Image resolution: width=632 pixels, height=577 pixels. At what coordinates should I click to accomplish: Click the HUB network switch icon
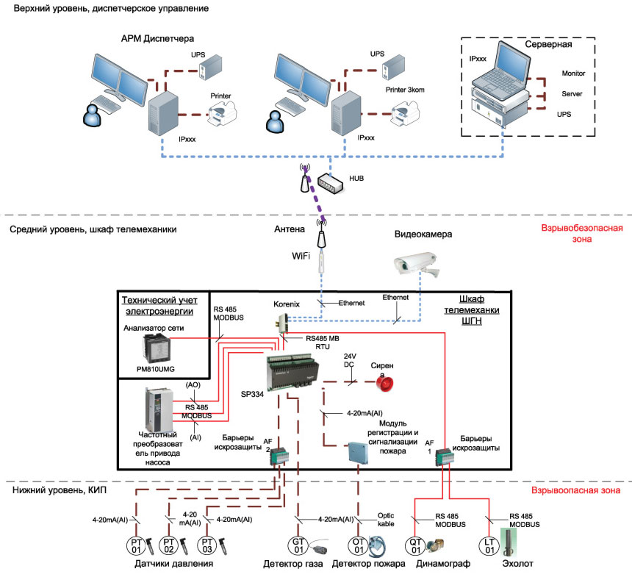pyautogui.click(x=331, y=183)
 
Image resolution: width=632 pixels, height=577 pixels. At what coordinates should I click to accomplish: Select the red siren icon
pyautogui.click(x=384, y=383)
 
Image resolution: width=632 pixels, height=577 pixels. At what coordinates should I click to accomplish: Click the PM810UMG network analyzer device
pyautogui.click(x=157, y=349)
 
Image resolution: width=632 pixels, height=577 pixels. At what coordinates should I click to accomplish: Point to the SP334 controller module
pyautogui.click(x=293, y=371)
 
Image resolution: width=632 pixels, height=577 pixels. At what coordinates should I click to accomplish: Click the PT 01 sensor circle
pyautogui.click(x=136, y=546)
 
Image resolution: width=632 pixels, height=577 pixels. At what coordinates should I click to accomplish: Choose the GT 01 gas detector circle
pyautogui.click(x=298, y=545)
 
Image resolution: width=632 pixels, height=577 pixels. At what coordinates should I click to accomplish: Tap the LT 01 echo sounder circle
pyautogui.click(x=489, y=546)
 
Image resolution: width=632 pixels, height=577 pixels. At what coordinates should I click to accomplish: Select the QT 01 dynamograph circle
pyautogui.click(x=415, y=546)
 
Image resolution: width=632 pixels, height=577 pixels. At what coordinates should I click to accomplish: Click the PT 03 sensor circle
pyautogui.click(x=207, y=545)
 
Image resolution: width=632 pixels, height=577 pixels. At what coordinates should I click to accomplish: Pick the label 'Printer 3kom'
pyautogui.click(x=405, y=90)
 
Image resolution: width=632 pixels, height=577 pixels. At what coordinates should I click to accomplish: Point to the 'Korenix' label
pyautogui.click(x=287, y=304)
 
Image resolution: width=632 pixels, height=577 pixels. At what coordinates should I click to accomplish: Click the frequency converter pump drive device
pyautogui.click(x=159, y=410)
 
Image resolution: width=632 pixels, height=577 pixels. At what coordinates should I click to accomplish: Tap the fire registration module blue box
pyautogui.click(x=359, y=453)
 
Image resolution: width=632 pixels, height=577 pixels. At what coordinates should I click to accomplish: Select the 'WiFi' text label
pyautogui.click(x=301, y=256)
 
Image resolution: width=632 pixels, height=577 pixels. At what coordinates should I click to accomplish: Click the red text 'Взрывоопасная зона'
pyautogui.click(x=575, y=490)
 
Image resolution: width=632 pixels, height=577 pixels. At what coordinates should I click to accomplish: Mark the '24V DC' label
pyautogui.click(x=350, y=360)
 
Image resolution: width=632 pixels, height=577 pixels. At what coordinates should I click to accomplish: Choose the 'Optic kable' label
pyautogui.click(x=386, y=520)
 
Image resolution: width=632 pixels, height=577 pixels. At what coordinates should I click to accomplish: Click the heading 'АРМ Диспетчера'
pyautogui.click(x=157, y=39)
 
